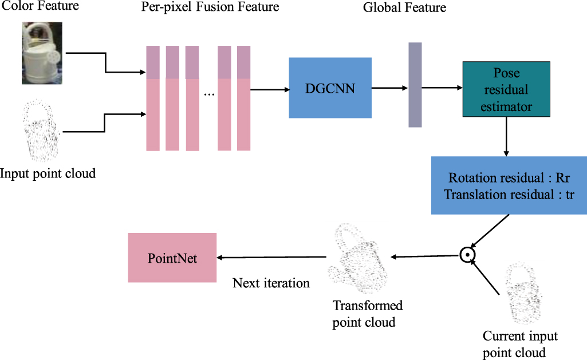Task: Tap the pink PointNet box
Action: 172,258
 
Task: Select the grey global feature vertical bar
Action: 415,84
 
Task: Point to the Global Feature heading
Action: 404,8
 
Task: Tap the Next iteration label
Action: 271,283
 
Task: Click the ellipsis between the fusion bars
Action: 209,93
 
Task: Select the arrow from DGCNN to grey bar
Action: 389,88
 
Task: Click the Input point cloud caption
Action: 48,173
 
